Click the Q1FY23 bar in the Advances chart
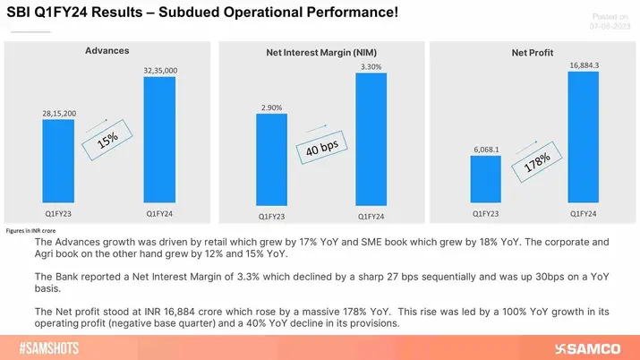click(x=58, y=162)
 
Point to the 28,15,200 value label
click(x=58, y=113)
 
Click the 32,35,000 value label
click(x=158, y=69)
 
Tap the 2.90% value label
click(x=270, y=107)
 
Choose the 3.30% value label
click(x=371, y=66)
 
